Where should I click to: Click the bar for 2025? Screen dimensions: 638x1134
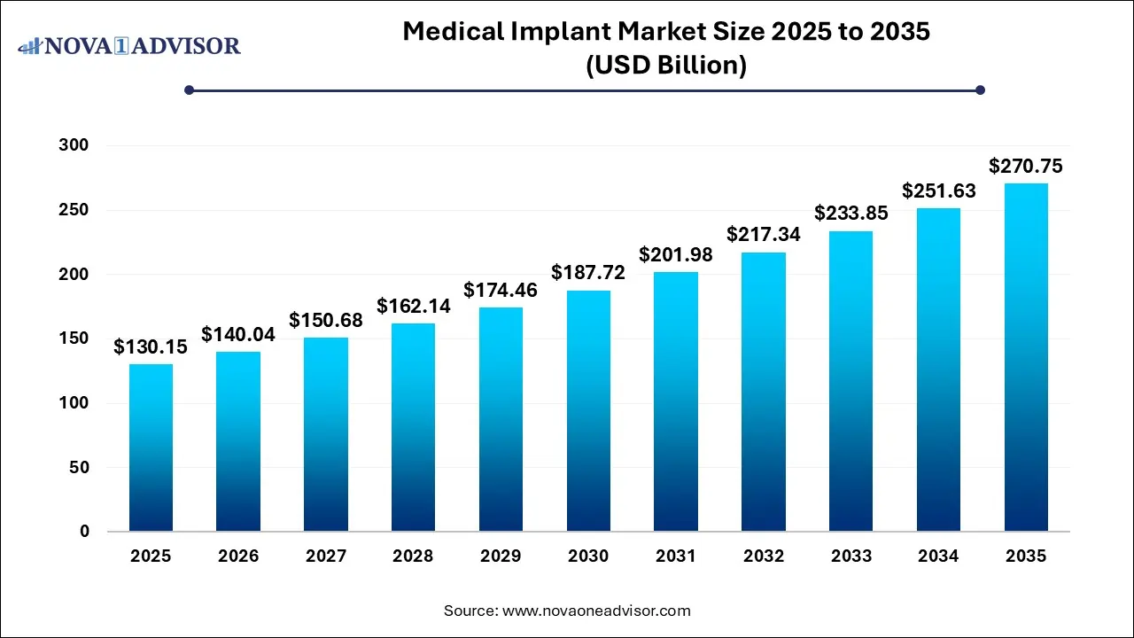[x=151, y=447]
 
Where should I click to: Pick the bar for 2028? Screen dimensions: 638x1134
[x=413, y=427]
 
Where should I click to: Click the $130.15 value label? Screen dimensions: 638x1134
[x=150, y=347]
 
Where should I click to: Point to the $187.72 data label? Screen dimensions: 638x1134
[x=588, y=273]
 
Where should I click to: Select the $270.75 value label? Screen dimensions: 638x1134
[x=1026, y=166]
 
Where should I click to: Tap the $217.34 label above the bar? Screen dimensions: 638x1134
[x=764, y=235]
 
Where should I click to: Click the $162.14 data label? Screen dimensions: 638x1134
[x=413, y=307]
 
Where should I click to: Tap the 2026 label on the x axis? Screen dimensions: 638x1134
[x=238, y=556]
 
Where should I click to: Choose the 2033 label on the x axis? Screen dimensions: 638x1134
[x=851, y=556]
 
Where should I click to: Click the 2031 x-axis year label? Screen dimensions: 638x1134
[x=676, y=556]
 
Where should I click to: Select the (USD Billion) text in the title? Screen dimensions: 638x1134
[x=666, y=66]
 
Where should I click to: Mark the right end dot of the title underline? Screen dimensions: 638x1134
[x=980, y=89]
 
